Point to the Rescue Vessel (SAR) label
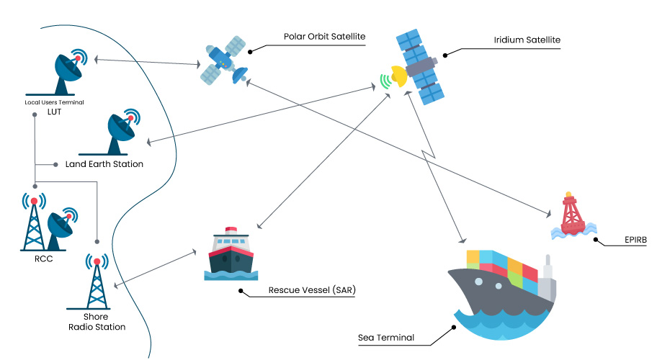click(312, 291)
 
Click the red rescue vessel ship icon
click(231, 254)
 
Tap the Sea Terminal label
click(386, 337)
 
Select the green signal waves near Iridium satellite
click(385, 81)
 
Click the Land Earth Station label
click(104, 164)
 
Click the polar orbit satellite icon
click(222, 60)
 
